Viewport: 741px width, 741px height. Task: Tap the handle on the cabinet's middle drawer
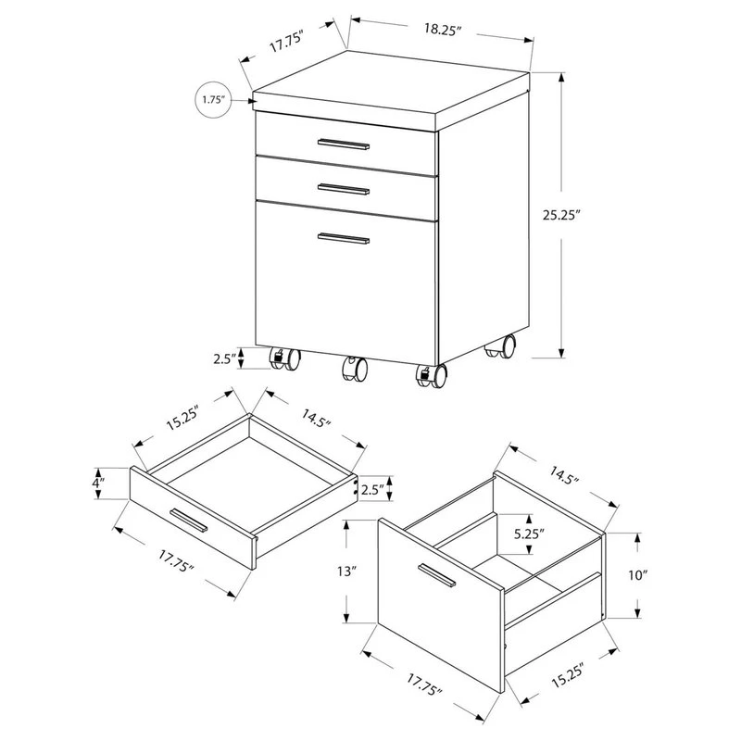pyautogui.click(x=343, y=190)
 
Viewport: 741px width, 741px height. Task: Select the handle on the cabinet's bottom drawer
pyautogui.click(x=343, y=240)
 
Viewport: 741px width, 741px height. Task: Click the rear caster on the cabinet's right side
pyautogui.click(x=502, y=348)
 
